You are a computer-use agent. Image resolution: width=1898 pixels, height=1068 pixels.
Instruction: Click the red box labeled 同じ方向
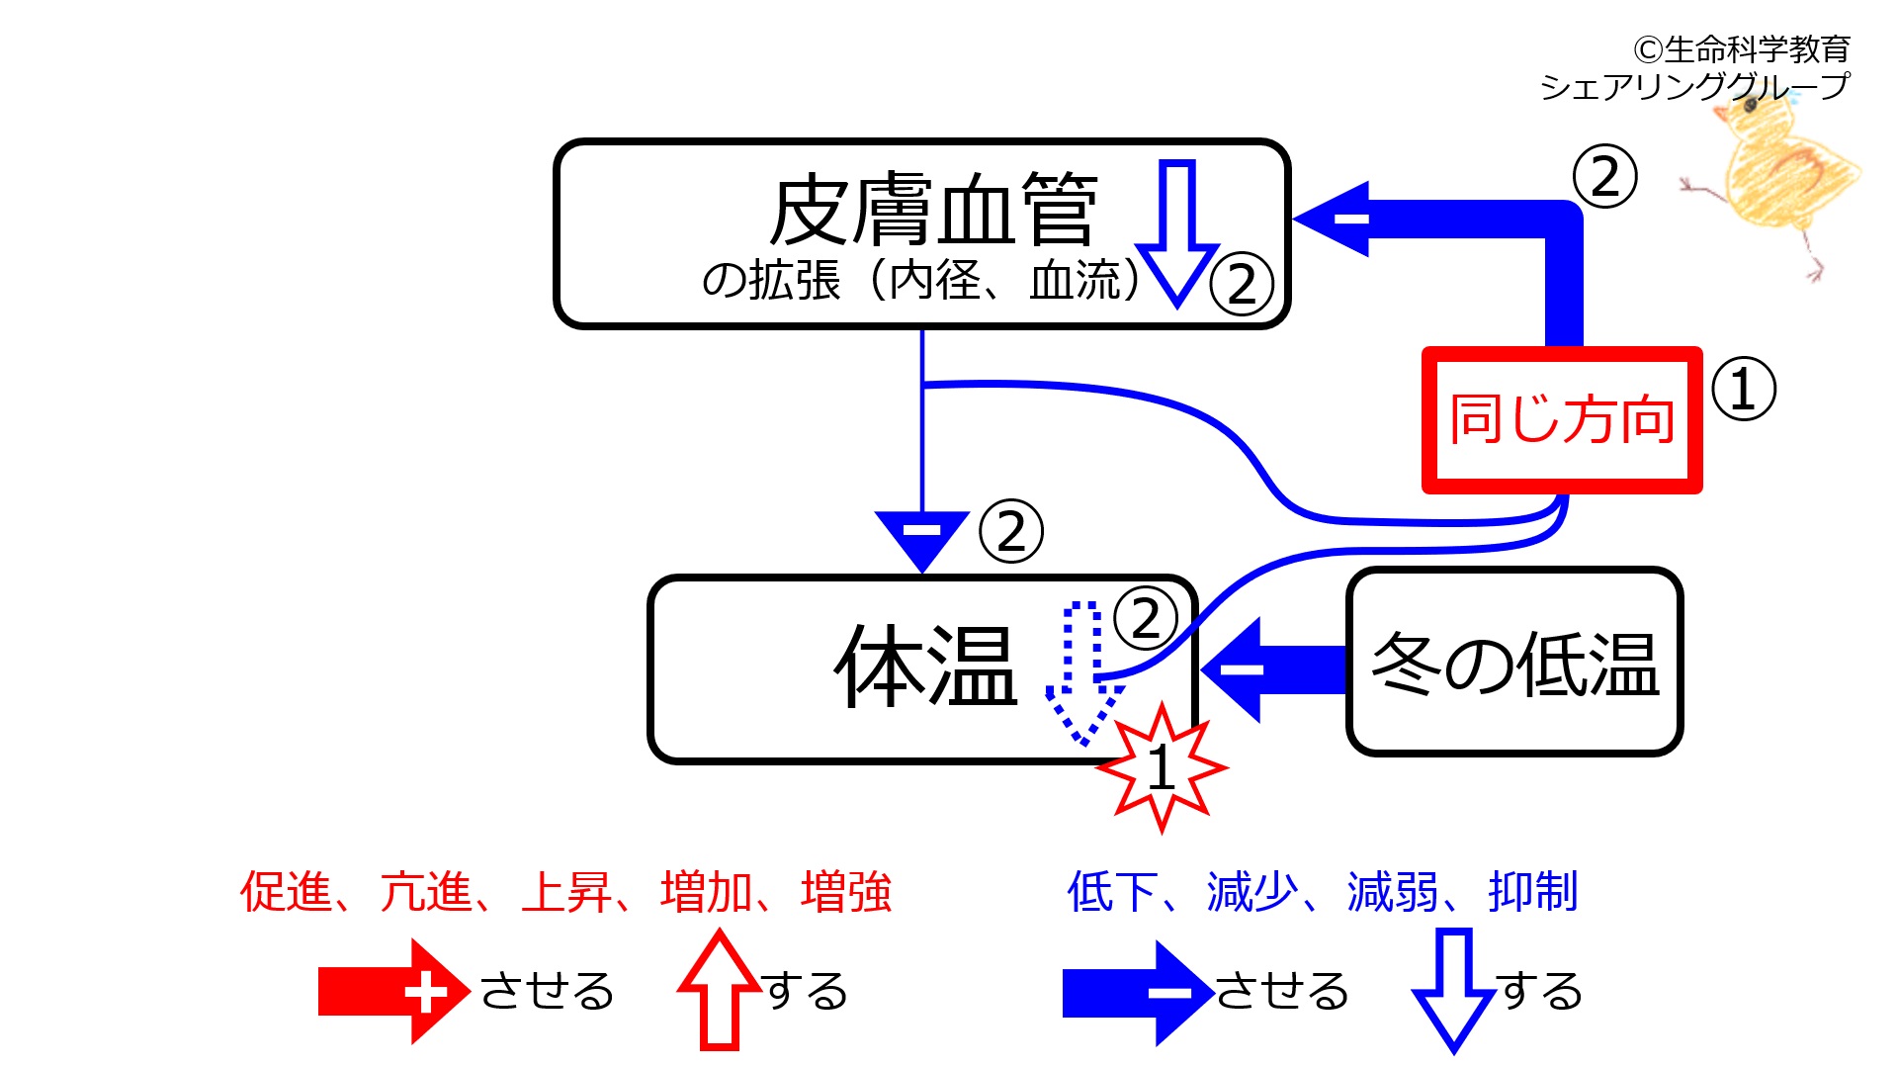click(x=1562, y=419)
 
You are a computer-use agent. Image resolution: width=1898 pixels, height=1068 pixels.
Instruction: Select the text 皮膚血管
click(x=933, y=211)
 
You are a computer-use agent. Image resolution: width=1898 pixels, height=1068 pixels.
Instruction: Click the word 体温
click(x=925, y=667)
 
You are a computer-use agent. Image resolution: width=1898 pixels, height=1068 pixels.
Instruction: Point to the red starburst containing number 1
click(x=1163, y=767)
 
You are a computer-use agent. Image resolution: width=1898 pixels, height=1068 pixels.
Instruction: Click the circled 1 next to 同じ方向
click(x=1743, y=389)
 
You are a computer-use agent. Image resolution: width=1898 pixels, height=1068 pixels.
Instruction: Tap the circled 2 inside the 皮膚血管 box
click(x=1242, y=284)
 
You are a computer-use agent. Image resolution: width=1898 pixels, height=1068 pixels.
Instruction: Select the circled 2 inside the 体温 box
click(x=1146, y=619)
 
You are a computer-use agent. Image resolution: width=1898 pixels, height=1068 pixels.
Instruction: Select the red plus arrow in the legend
click(x=392, y=991)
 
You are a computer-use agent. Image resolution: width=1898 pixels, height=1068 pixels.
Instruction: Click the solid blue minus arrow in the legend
click(x=1137, y=992)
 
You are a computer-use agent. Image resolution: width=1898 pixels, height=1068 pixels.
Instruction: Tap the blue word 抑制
click(x=1532, y=892)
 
